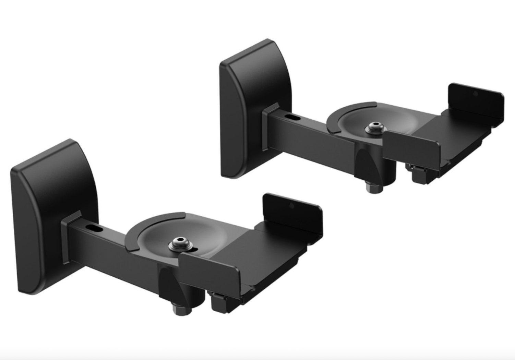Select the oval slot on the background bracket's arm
[x=294, y=117]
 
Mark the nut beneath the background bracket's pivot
[x=372, y=188]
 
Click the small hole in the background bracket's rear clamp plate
[x=476, y=93]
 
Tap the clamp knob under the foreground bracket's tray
[x=219, y=302]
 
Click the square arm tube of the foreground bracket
[x=113, y=245]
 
